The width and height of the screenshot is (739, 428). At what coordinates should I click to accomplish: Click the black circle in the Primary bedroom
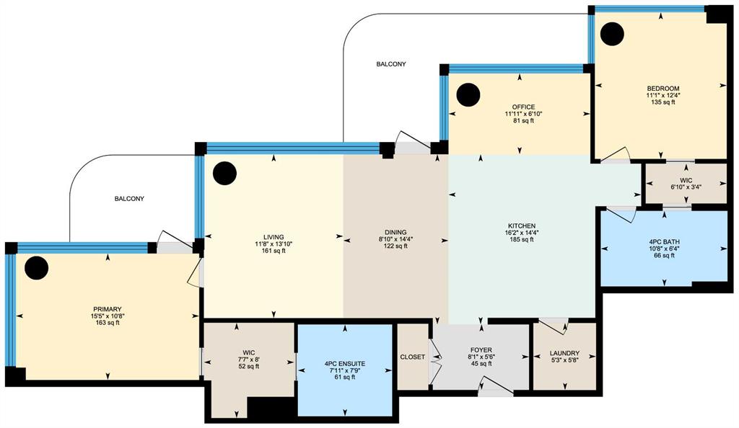36,267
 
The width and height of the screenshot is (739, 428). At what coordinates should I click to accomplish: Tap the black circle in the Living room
224,174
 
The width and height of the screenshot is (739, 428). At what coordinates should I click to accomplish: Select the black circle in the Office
468,94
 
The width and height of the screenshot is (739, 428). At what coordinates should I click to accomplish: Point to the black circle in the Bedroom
612,34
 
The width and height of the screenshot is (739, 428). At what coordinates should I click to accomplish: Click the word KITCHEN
522,226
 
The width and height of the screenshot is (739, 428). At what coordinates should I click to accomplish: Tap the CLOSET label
412,357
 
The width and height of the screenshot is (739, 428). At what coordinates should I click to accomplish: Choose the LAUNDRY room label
564,353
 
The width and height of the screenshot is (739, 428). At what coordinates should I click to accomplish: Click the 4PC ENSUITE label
345,364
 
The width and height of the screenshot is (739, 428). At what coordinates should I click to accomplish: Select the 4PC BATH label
665,242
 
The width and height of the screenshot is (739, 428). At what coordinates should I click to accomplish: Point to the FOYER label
481,350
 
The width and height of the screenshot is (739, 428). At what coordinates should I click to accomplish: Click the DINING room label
395,232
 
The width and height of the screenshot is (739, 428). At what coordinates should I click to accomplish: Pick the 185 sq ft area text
522,239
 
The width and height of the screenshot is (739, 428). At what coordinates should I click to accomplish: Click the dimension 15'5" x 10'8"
108,316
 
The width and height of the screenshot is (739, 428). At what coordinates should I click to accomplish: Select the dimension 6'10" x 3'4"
686,187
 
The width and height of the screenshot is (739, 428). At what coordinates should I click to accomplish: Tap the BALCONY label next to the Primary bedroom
130,199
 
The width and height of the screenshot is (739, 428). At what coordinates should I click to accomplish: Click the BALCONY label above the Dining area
391,64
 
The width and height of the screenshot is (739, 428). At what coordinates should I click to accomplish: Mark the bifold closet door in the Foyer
435,357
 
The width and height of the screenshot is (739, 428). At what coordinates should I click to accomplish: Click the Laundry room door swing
552,326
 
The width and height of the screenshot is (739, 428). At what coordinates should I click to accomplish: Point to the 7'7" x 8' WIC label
249,360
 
